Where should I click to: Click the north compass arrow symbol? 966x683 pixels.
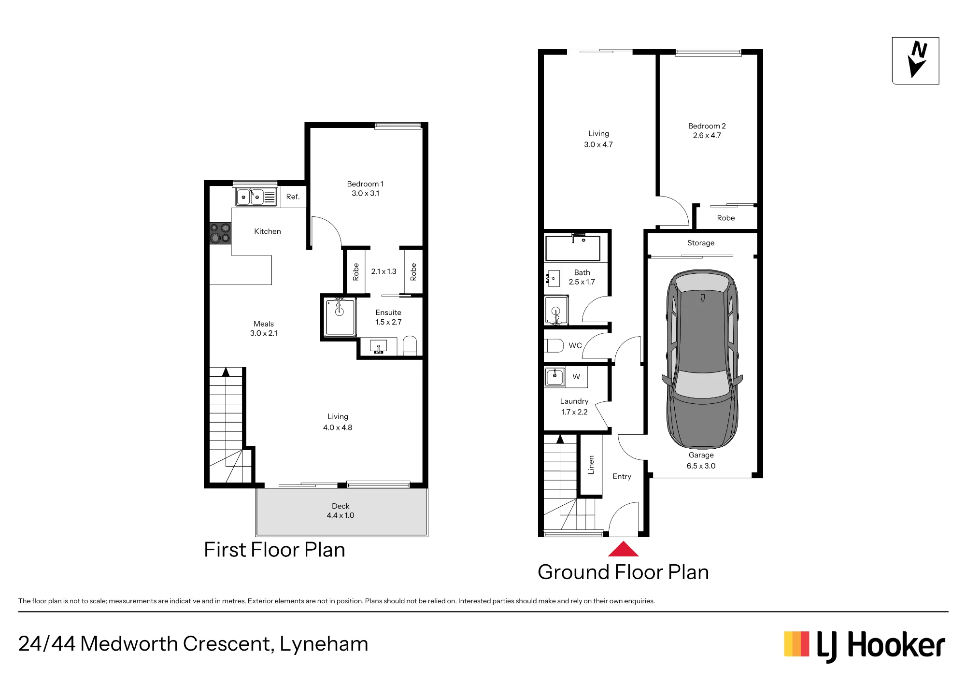point(917,60)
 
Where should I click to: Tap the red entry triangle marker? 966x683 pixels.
point(624,549)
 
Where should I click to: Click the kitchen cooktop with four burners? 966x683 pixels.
point(220,233)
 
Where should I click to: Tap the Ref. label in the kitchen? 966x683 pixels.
point(293,197)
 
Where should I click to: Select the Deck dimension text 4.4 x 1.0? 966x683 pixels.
point(341,515)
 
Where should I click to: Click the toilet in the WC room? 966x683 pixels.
point(554,346)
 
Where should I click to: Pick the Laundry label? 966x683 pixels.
point(574,401)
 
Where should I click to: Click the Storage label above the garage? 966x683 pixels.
point(701,243)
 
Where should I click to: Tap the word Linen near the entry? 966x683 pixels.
point(591,465)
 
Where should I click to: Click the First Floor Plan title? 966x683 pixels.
point(275,550)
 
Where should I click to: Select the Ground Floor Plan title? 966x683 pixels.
point(624,572)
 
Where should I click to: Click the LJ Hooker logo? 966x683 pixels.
point(865,646)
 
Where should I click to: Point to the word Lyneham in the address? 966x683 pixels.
point(324,644)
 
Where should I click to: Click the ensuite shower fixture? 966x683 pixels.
point(340,317)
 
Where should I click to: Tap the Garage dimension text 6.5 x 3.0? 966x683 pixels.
point(701,466)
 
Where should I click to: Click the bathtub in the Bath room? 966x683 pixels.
point(573,248)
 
